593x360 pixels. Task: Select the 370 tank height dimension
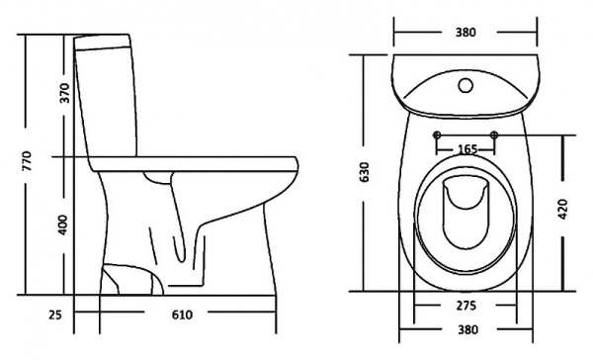tap(64, 94)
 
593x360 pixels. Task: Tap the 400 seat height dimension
tap(64, 225)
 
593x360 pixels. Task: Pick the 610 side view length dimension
tap(181, 315)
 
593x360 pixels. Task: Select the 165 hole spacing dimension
tap(467, 148)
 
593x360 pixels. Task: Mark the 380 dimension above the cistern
tap(466, 32)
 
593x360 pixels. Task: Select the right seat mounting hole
tap(495, 135)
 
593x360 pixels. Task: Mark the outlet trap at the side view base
tap(130, 280)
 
